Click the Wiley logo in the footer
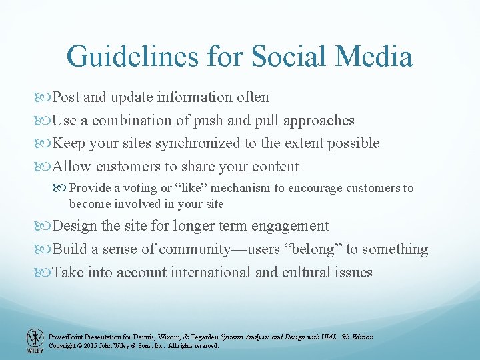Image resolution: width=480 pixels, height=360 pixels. point(35,340)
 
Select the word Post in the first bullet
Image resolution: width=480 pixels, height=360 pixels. point(66,97)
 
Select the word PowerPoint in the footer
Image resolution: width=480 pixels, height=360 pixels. point(67,337)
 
